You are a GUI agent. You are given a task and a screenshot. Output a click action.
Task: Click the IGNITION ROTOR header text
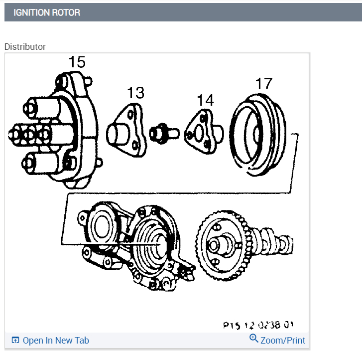[47, 12]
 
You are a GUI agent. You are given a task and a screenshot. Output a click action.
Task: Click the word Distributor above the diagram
[25, 46]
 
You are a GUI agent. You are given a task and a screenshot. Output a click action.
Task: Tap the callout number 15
[77, 62]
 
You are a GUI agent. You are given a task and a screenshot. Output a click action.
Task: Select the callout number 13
[135, 93]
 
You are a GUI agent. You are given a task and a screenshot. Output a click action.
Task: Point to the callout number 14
[205, 100]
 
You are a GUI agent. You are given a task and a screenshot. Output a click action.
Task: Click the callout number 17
[264, 83]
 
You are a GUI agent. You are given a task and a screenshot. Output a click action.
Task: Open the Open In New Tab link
[56, 341]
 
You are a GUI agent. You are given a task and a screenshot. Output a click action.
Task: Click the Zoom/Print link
[282, 341]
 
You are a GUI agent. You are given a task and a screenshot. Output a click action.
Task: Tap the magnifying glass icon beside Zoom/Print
[254, 339]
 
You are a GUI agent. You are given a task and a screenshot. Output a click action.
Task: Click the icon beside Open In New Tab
[15, 341]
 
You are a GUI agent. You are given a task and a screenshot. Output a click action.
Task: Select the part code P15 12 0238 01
[258, 325]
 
